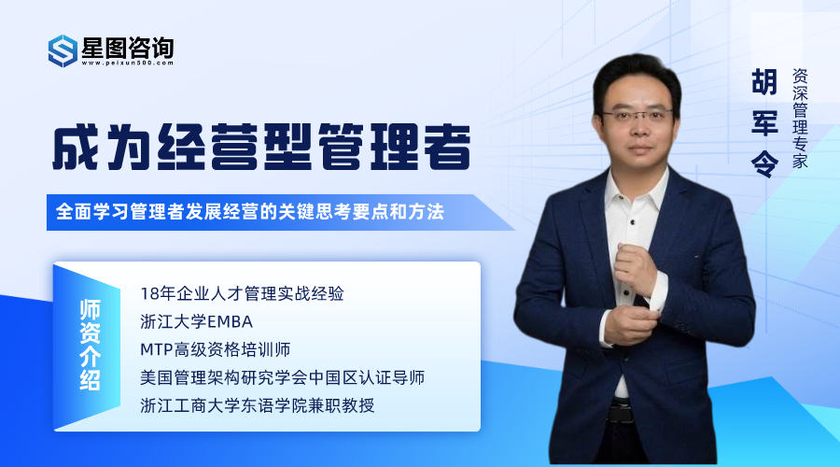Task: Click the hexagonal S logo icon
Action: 63,51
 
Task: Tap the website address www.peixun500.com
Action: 128,63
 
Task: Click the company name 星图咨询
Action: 128,48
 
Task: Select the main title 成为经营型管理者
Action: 261,147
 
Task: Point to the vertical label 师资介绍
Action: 90,346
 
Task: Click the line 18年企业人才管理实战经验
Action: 242,293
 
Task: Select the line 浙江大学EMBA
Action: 196,321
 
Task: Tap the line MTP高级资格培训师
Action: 215,349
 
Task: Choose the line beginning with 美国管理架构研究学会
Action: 282,377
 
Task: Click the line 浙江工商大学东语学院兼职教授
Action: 258,405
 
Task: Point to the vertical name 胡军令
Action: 764,122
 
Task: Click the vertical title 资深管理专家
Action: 800,118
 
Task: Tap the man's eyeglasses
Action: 637,114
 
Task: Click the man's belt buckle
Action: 622,411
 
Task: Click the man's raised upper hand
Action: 636,267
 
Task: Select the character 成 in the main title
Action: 76,147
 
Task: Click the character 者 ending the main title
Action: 447,147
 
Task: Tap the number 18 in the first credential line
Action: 147,294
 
